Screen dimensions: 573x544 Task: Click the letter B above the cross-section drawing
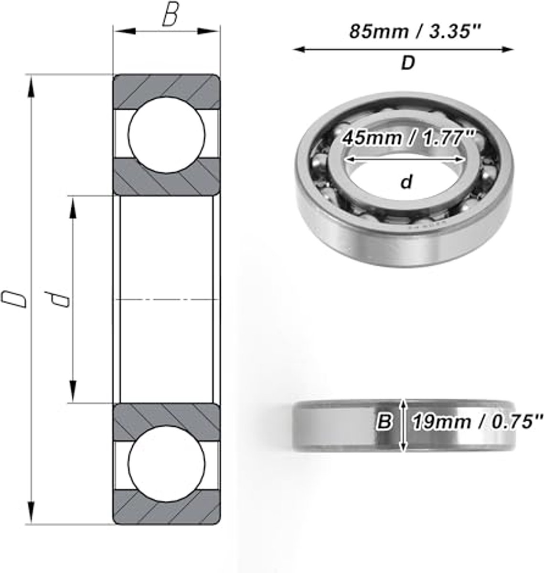(x=170, y=16)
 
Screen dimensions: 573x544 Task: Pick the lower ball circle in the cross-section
(x=167, y=464)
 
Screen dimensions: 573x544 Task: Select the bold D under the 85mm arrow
(x=407, y=64)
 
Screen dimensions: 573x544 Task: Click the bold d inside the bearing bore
(x=406, y=181)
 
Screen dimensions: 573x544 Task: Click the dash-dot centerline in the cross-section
(x=167, y=299)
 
